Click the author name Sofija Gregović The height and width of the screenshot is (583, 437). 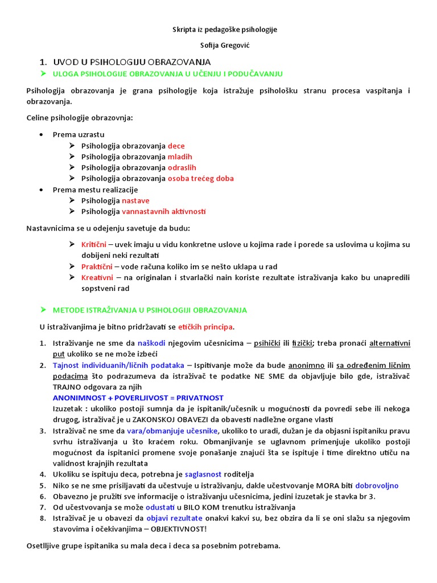(x=218, y=46)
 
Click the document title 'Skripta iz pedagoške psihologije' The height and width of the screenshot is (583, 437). (x=218, y=30)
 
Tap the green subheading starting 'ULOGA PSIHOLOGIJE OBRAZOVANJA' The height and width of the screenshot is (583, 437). (x=167, y=74)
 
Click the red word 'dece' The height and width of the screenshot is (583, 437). (x=176, y=146)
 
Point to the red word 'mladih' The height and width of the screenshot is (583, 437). (x=180, y=157)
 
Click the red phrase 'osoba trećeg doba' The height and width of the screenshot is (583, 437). (x=200, y=179)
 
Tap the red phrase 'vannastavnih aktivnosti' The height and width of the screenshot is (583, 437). (x=164, y=211)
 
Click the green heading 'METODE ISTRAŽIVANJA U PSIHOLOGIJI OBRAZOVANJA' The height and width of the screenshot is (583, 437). (x=150, y=310)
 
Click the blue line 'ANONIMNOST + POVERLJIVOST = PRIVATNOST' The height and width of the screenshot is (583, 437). (x=138, y=398)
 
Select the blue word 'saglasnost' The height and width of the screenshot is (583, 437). (x=204, y=474)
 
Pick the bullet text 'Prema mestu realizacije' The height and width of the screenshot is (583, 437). (x=95, y=190)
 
